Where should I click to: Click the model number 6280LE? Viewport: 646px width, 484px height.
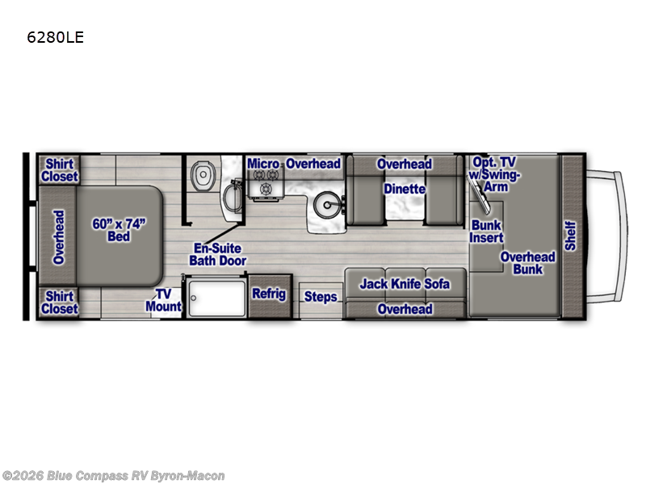[55, 37]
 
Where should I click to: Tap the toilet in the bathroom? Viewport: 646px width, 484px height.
[203, 176]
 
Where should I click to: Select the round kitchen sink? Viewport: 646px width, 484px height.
[327, 205]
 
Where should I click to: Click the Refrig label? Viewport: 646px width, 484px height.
[269, 294]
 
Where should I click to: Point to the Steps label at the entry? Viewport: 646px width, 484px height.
[321, 297]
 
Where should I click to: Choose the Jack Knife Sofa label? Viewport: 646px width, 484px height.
[405, 284]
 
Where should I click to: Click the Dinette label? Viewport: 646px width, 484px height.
[405, 189]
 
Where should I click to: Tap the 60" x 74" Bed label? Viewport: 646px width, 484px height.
[119, 230]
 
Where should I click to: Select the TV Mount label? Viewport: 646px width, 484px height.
[164, 300]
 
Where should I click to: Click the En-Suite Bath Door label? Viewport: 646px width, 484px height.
[217, 254]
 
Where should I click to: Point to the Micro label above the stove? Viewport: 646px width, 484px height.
[263, 164]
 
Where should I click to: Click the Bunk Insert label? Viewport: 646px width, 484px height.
[486, 232]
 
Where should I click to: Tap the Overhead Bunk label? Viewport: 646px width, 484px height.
[528, 263]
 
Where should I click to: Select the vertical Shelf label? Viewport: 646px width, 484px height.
[570, 236]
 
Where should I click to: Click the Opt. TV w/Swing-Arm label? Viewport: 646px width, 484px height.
[494, 174]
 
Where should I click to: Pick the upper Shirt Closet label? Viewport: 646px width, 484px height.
[59, 170]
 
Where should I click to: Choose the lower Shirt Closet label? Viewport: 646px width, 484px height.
[59, 302]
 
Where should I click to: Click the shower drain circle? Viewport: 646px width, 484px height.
[193, 298]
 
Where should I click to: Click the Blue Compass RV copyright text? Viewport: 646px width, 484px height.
[113, 476]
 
